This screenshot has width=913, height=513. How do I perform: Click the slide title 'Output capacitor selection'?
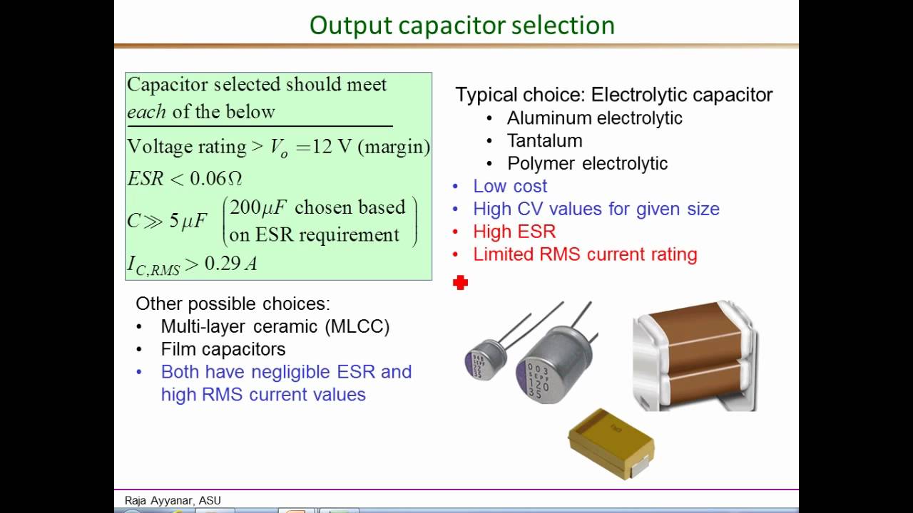click(461, 26)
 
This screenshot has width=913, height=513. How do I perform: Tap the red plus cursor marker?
click(460, 284)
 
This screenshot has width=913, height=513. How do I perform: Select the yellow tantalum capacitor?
click(611, 442)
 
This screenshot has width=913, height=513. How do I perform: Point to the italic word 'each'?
click(146, 112)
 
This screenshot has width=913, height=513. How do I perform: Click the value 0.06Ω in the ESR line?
click(217, 178)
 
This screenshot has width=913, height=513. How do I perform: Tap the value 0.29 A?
click(230, 264)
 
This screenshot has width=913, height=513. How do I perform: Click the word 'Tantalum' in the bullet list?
click(544, 140)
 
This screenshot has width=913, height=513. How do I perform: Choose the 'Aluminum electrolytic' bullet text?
click(594, 118)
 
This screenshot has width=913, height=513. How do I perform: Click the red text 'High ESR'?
click(514, 232)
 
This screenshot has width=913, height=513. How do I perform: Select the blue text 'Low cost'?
click(510, 186)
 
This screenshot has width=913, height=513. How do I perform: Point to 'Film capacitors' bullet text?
click(223, 349)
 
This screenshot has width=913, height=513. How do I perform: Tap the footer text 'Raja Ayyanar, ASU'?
click(173, 501)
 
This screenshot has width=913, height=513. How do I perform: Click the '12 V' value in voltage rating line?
click(332, 147)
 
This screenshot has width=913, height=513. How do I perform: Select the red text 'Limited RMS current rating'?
click(585, 254)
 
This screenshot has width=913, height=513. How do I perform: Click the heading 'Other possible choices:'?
click(233, 304)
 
